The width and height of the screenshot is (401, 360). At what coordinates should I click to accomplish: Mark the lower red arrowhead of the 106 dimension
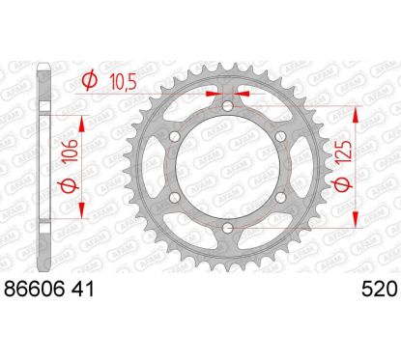pyautogui.click(x=81, y=210)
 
